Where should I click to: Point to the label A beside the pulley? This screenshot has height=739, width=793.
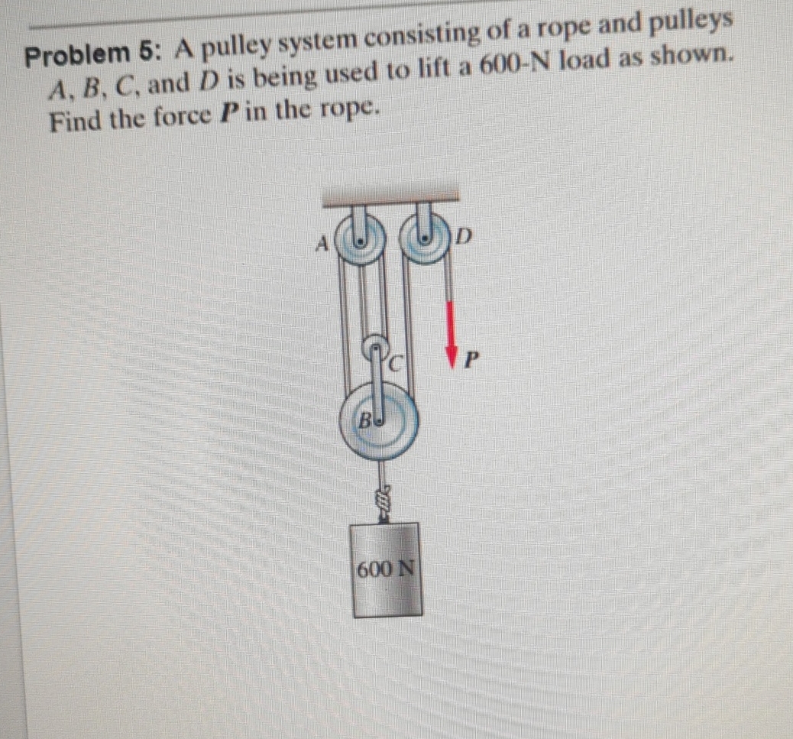click(x=323, y=245)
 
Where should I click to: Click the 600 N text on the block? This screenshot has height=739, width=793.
click(x=387, y=569)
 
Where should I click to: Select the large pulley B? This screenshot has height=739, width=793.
click(x=380, y=422)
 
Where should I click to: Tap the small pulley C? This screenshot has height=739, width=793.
click(x=378, y=348)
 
